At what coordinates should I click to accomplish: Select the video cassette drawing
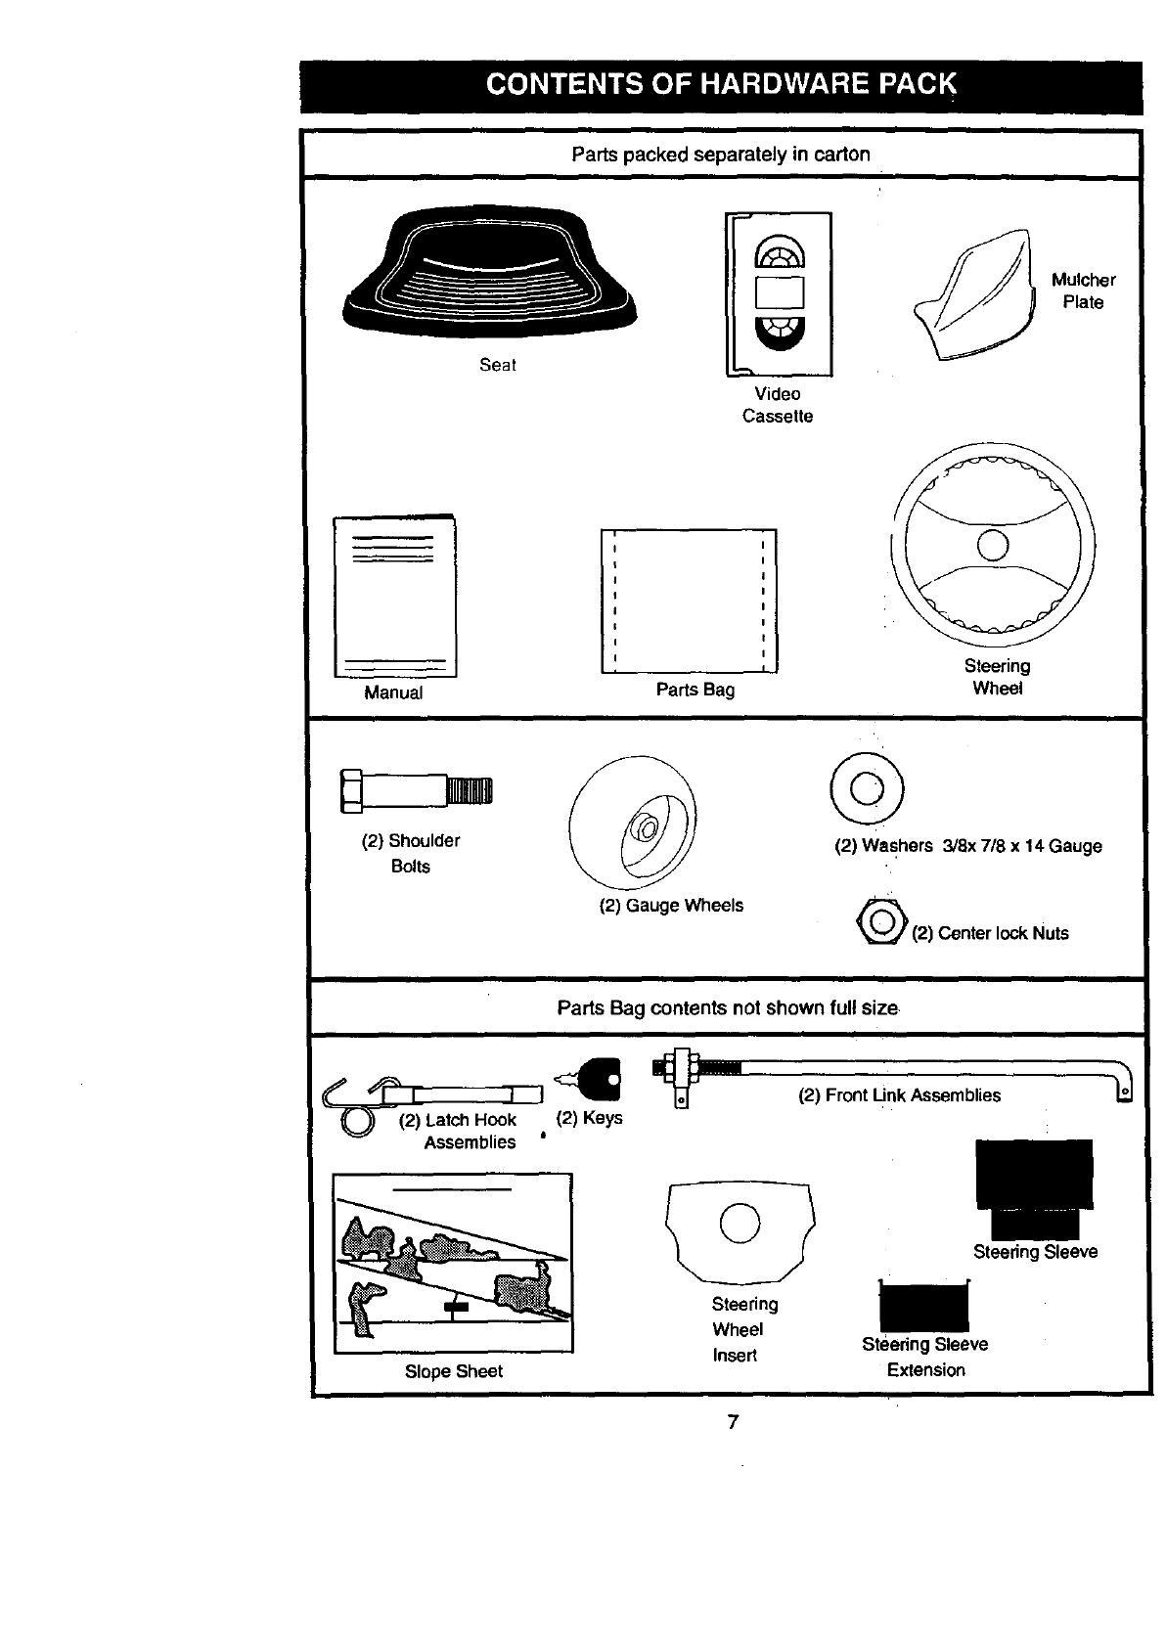779,293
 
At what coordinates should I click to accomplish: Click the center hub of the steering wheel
992,544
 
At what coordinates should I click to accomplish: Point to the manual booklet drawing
395,597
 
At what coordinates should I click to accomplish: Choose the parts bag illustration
689,601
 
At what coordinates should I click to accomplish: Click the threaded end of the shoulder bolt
471,789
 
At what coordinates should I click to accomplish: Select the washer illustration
867,787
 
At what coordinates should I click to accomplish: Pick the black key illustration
599,1081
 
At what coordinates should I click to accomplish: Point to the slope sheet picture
453,1263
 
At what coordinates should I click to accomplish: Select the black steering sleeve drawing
1034,1188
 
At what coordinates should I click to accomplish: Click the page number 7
732,1422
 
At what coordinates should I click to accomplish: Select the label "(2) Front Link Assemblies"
899,1095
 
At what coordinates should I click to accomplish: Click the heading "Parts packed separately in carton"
721,155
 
